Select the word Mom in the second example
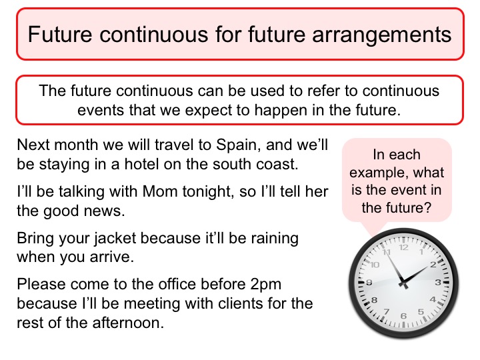(160, 191)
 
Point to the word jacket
(115, 239)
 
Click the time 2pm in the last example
(266, 285)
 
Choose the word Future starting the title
(60, 34)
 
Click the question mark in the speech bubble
(427, 208)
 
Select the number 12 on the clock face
(404, 247)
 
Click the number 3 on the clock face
(438, 282)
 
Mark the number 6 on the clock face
(403, 316)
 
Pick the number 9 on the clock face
(369, 282)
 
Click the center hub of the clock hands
(403, 284)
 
